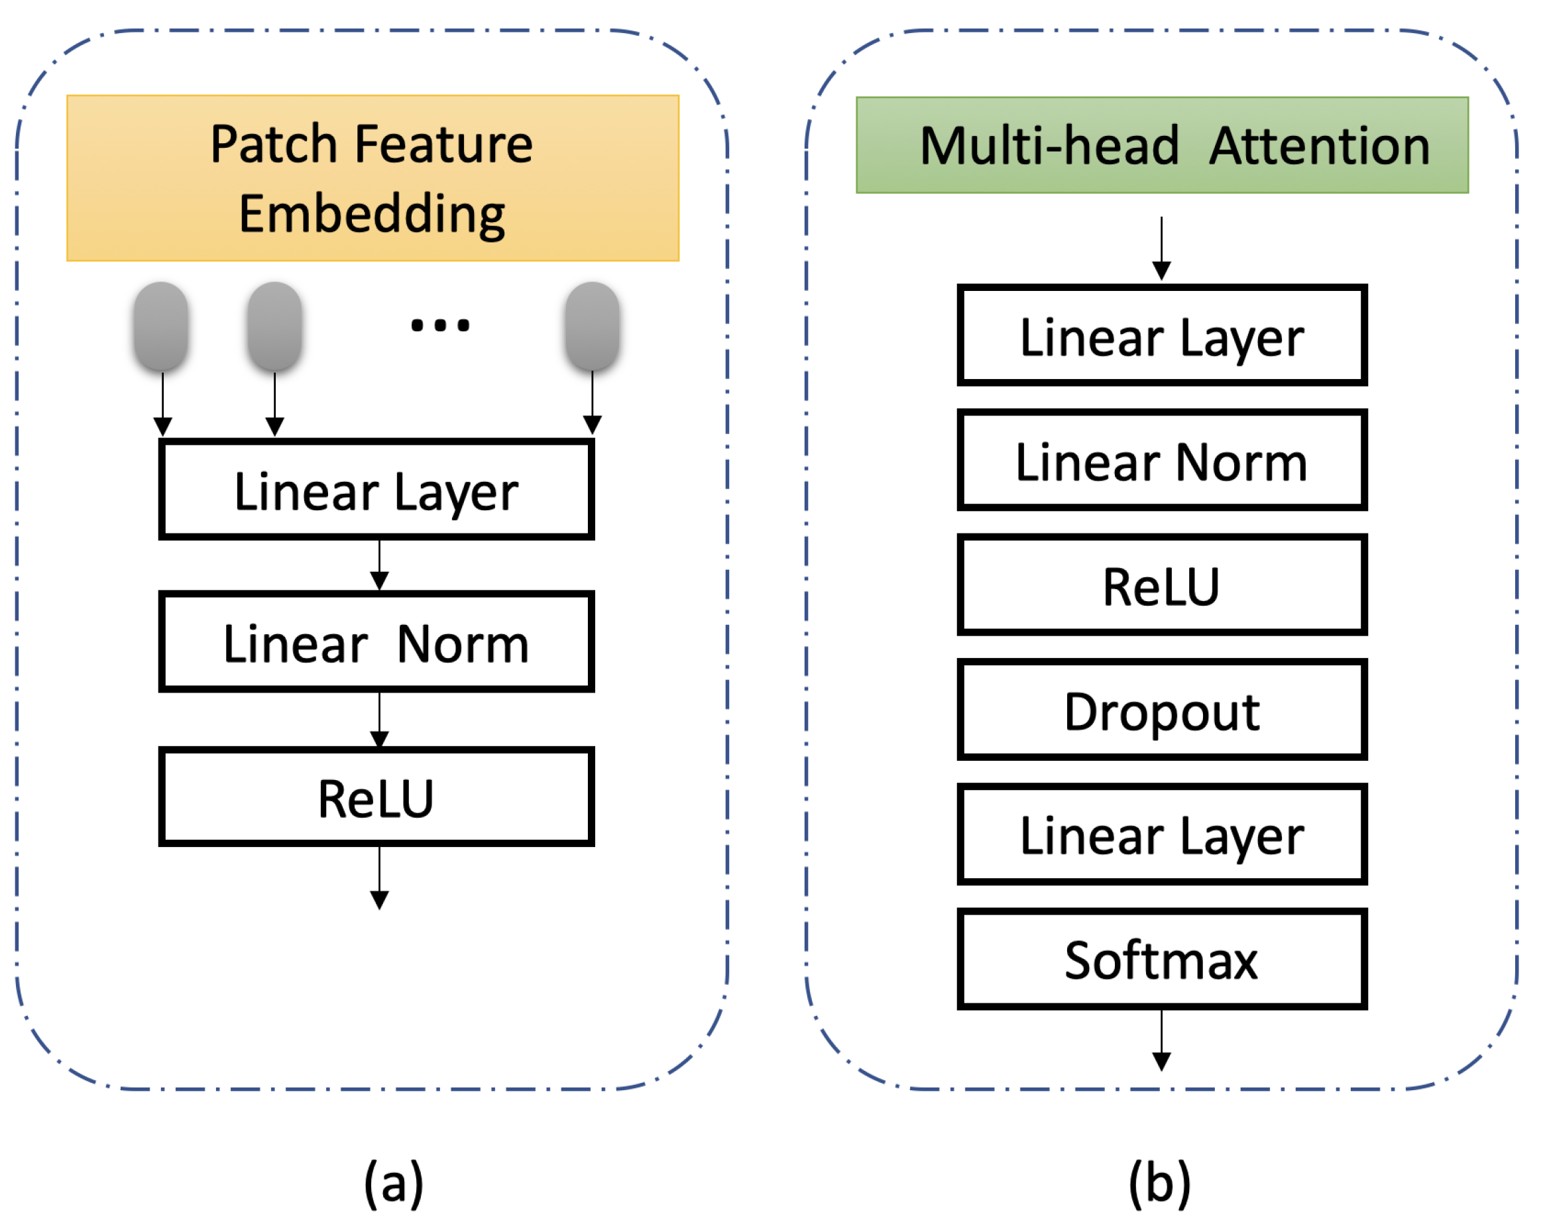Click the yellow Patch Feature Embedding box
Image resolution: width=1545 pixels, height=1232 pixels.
coord(372,178)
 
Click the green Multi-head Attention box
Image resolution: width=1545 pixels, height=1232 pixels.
coord(1162,144)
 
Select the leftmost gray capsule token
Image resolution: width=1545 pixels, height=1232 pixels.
coord(161,326)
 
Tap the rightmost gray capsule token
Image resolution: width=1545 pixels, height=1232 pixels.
coord(592,326)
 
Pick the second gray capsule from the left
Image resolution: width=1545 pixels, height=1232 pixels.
coord(274,326)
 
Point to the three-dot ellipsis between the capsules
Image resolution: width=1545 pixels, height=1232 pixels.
coord(440,326)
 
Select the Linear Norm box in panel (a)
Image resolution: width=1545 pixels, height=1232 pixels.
coord(376,642)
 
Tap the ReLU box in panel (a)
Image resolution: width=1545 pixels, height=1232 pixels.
coord(376,797)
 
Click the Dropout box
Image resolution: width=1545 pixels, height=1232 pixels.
coord(1162,710)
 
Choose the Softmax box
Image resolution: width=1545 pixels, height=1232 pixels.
coord(1162,959)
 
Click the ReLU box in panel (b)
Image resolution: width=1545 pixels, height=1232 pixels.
coord(1162,585)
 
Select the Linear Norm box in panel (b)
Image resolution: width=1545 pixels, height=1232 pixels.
coord(1162,460)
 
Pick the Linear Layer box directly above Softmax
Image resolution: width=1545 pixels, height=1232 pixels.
coord(1162,834)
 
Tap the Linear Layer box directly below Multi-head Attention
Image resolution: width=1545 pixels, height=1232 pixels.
coord(1162,335)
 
